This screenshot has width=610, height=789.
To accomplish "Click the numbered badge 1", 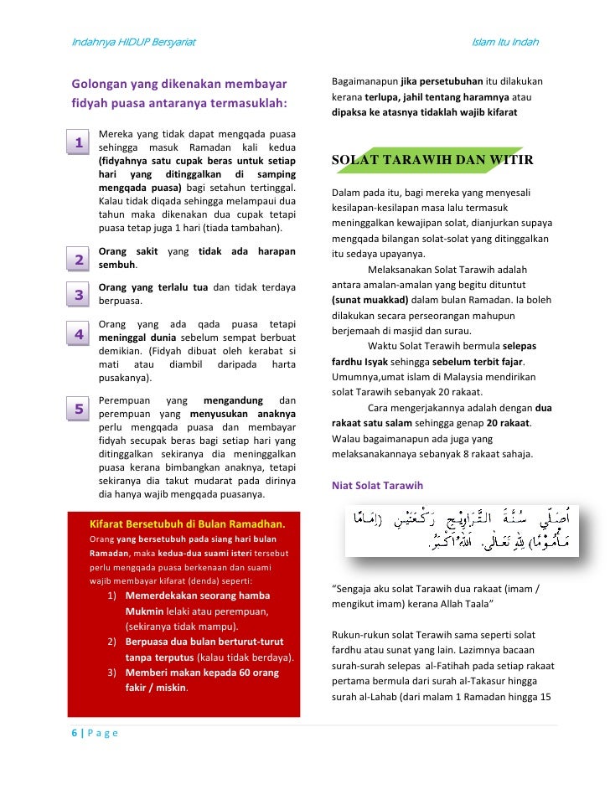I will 78,142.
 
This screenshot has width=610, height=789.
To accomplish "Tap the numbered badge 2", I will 78,260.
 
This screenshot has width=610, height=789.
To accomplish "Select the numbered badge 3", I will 78,295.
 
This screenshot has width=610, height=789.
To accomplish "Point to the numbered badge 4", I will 78,334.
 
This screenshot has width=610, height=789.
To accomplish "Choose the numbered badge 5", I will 78,409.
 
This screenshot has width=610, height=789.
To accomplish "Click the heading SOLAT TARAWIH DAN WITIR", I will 432,159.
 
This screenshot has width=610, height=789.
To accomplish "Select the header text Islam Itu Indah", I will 504,42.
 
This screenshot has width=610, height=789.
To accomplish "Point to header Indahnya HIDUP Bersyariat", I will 132,42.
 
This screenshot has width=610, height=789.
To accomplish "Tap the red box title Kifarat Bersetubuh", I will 188,524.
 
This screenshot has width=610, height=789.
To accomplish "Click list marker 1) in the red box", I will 113,596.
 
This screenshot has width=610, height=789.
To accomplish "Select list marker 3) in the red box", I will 113,673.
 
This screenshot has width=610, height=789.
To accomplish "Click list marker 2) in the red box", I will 113,642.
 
